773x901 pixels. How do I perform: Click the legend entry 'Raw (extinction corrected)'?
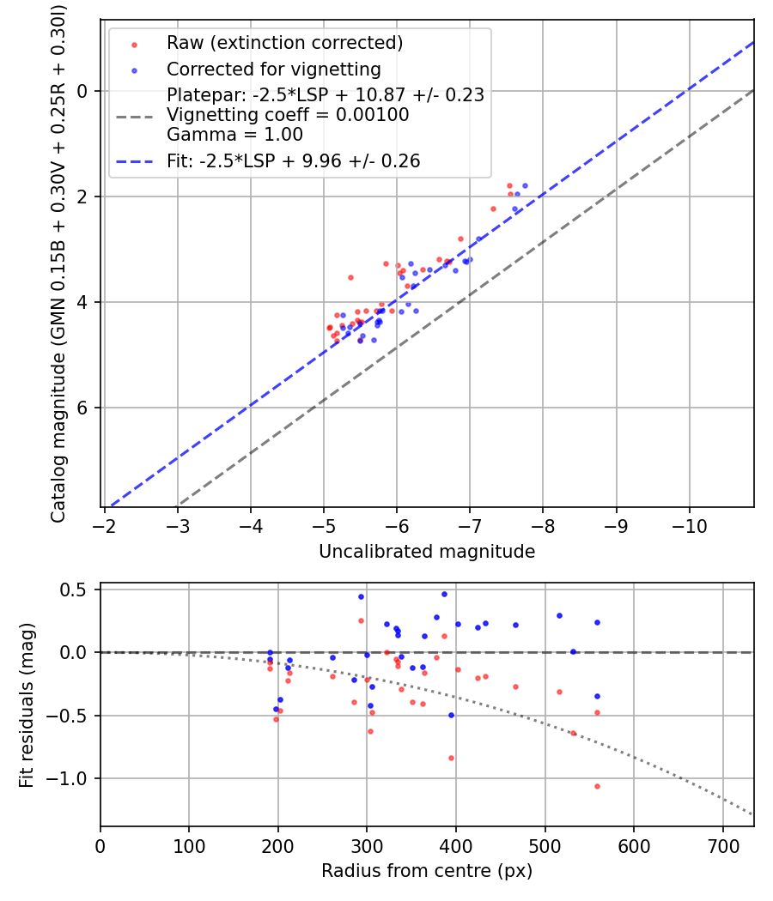285,43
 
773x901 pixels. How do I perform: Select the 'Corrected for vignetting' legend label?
274,69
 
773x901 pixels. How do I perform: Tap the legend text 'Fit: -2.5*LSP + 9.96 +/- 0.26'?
294,160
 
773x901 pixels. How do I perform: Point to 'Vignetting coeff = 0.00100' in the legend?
288,115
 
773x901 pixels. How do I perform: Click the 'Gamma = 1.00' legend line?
234,134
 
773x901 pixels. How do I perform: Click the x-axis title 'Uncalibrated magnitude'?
427,552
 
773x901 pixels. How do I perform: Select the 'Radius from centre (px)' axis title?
427,871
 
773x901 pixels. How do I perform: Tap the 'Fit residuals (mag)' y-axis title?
27,704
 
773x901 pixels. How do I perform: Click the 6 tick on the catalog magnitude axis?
83,408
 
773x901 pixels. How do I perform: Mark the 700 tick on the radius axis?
722,845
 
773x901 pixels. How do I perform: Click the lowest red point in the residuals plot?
597,786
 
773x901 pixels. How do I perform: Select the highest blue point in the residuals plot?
444,594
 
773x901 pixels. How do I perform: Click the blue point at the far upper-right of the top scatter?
525,185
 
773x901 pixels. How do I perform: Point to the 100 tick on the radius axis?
189,845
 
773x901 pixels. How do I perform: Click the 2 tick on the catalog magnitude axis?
83,197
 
